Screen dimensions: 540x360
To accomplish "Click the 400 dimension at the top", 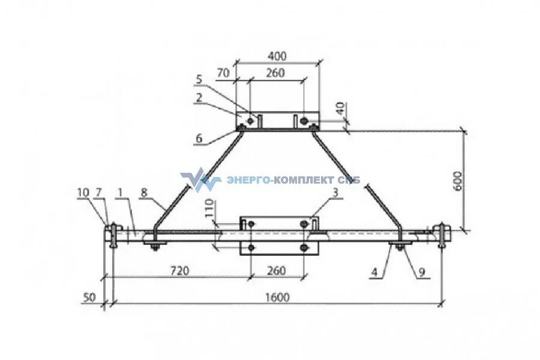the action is pos(277,56).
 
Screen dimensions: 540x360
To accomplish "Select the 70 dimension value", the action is pos(223,73).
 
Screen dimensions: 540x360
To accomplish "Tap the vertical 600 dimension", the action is pos(458,179).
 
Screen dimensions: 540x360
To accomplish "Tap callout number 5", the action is pos(199,79).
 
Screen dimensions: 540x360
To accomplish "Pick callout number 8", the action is pos(144,192).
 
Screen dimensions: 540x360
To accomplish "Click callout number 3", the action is pos(335,192).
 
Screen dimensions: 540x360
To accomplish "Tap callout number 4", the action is pos(374,272).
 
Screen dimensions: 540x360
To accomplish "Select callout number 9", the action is pos(421,272).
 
